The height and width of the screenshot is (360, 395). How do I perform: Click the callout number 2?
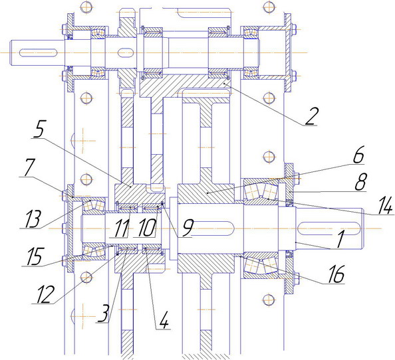(312, 116)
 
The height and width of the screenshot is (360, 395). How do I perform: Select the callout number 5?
(39, 129)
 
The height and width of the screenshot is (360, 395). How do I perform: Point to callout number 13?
(33, 219)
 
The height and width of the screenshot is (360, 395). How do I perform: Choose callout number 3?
(104, 313)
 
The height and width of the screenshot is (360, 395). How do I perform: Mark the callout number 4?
(164, 319)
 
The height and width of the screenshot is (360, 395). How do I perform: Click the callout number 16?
(336, 274)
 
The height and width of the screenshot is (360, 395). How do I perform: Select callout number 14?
(384, 205)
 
